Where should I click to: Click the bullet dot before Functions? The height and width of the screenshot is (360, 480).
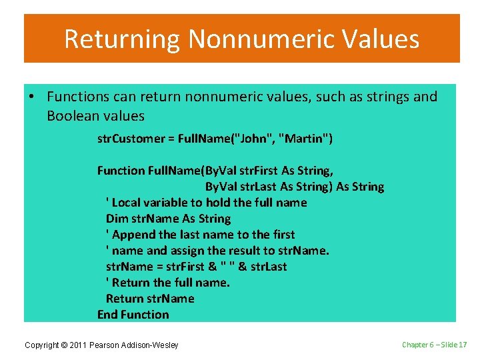point(32,97)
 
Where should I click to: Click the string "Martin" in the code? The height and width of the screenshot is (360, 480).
point(303,139)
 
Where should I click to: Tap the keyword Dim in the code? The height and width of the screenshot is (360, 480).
point(115,219)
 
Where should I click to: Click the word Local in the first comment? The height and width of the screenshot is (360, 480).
point(126,203)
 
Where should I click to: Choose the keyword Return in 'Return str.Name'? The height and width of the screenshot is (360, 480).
point(125,299)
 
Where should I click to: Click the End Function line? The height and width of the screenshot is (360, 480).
point(133,315)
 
